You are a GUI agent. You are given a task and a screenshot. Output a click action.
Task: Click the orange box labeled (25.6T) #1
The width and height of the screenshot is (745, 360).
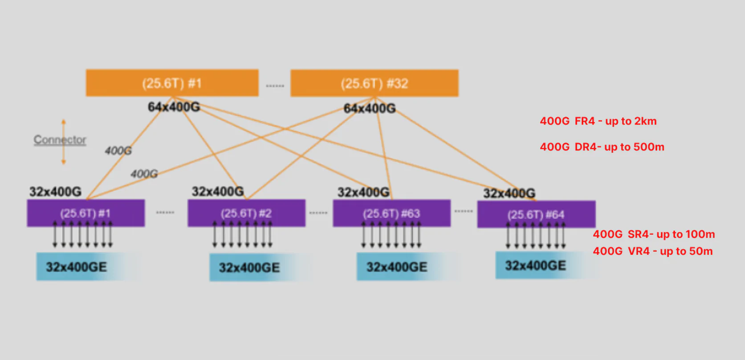click(x=172, y=83)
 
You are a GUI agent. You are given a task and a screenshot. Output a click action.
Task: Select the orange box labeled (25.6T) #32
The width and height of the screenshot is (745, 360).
click(x=374, y=83)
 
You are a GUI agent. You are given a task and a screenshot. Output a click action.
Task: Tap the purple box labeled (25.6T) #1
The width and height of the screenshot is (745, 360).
click(x=85, y=213)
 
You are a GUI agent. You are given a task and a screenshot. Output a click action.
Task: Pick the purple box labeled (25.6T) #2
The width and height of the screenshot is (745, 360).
click(x=246, y=213)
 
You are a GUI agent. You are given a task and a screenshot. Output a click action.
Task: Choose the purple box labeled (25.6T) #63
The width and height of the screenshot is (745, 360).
click(x=391, y=213)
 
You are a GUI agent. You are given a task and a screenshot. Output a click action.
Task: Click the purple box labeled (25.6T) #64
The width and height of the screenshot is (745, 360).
click(x=536, y=214)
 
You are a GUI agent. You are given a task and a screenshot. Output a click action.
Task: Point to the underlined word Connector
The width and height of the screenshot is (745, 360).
click(x=60, y=140)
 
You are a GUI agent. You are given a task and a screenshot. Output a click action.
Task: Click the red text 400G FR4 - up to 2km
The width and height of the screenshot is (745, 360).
click(x=598, y=121)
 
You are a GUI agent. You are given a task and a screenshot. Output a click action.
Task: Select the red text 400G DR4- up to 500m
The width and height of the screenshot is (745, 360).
click(x=602, y=147)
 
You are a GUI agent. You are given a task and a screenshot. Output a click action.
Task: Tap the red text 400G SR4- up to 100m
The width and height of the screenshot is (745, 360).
click(x=653, y=234)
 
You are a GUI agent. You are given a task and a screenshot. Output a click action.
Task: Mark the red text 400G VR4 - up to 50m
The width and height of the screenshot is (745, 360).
click(x=652, y=251)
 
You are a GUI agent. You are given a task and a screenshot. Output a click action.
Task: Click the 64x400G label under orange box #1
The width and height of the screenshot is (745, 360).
click(x=174, y=107)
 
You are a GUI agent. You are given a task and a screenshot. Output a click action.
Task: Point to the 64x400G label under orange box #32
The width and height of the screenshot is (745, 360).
click(x=369, y=108)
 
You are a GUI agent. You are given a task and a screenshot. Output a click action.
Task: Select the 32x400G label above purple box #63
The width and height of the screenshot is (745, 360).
click(x=363, y=192)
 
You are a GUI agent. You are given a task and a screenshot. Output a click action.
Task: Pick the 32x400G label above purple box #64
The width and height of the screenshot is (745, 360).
click(x=509, y=193)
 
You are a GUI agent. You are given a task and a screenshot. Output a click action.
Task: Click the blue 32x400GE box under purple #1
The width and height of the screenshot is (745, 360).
click(x=77, y=267)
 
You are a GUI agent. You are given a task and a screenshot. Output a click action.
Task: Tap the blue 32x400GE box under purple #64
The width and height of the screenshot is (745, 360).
click(x=535, y=266)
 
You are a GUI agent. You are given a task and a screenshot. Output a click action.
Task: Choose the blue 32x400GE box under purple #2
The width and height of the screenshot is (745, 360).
click(x=249, y=267)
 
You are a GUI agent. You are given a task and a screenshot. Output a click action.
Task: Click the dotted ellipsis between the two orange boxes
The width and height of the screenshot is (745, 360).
click(x=275, y=86)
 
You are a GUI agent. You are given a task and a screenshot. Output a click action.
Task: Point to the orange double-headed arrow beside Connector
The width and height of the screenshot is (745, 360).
click(x=64, y=142)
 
